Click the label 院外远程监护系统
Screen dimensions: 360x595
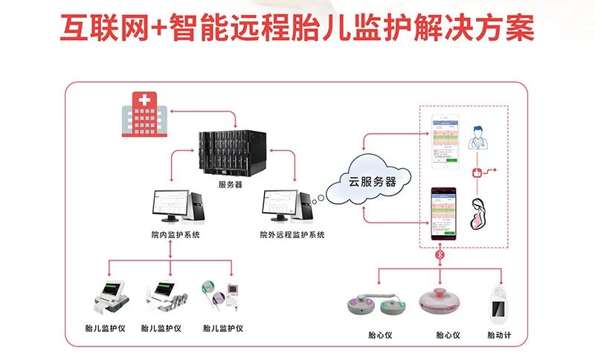coord(292,235)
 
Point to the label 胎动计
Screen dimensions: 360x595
coord(500,335)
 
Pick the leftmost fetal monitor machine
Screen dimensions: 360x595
coord(109,297)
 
